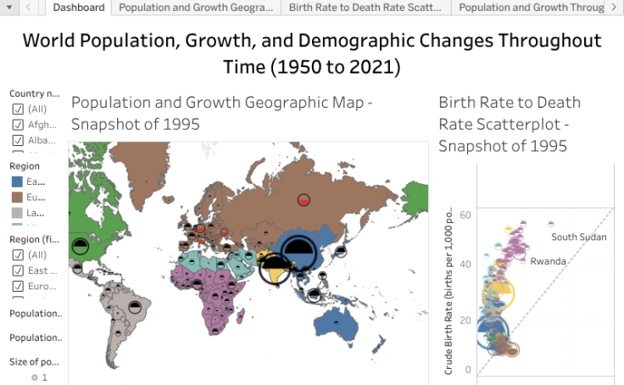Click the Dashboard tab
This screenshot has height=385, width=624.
pyautogui.click(x=79, y=8)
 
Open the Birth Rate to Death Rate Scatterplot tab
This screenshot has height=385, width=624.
pyautogui.click(x=365, y=8)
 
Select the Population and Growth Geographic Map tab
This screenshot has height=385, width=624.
pyautogui.click(x=196, y=8)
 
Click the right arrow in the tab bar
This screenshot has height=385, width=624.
pyautogui.click(x=613, y=8)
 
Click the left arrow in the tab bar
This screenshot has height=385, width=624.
pyautogui.click(x=29, y=8)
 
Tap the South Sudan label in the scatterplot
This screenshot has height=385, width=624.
pyautogui.click(x=578, y=237)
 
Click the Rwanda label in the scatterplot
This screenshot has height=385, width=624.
pyautogui.click(x=548, y=261)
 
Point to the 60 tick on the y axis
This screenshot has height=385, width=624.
pyautogui.click(x=465, y=215)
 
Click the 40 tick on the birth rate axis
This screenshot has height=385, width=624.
pyautogui.click(x=465, y=265)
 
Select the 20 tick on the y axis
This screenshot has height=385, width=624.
pyautogui.click(x=465, y=320)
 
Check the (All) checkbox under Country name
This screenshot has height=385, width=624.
pyautogui.click(x=17, y=109)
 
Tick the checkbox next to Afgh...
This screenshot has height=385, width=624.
pyautogui.click(x=17, y=125)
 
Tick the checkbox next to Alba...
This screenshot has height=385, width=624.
pyautogui.click(x=17, y=140)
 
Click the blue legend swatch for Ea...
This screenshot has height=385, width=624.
pyautogui.click(x=17, y=181)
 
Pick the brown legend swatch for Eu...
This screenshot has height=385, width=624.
pyautogui.click(x=17, y=198)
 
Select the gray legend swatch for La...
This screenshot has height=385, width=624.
pyautogui.click(x=17, y=213)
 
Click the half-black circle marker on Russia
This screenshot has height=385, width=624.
pyautogui.click(x=304, y=200)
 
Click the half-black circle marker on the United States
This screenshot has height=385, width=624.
pyautogui.click(x=80, y=247)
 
